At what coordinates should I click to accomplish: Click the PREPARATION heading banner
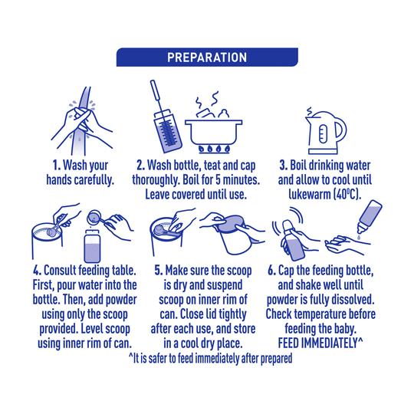(207, 57)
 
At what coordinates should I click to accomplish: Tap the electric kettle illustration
(326, 131)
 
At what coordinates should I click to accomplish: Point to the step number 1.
(56, 166)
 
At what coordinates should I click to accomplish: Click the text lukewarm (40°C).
(325, 195)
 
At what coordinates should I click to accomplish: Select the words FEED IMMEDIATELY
(317, 343)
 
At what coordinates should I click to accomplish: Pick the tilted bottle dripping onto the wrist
(369, 217)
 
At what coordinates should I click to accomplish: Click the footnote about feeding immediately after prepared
(210, 358)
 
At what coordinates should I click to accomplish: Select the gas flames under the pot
(214, 149)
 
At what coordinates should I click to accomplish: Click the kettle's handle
(342, 130)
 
